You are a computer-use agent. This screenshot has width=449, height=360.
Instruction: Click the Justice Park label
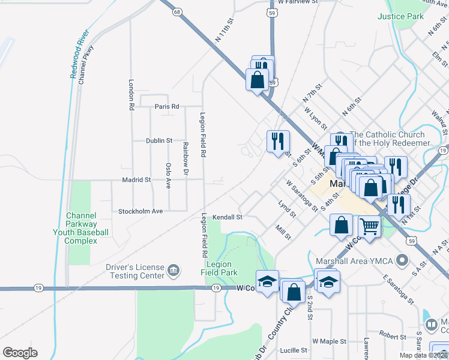(x=401, y=16)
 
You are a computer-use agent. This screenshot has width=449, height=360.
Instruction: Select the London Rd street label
(x=130, y=95)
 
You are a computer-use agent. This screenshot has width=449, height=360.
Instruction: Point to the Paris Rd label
(x=167, y=106)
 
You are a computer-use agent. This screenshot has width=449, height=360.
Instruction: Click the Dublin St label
(x=159, y=140)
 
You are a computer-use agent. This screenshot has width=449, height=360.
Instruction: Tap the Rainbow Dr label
(x=186, y=160)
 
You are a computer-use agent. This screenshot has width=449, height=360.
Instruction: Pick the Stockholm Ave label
(x=140, y=211)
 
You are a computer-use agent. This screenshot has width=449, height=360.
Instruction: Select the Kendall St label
(x=228, y=217)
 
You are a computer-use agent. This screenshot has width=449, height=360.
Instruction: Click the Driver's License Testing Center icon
(x=173, y=271)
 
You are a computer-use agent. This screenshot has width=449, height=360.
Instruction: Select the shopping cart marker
(x=369, y=227)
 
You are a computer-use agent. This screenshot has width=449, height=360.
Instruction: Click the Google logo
(x=20, y=353)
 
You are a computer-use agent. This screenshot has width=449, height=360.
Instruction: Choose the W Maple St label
(x=329, y=341)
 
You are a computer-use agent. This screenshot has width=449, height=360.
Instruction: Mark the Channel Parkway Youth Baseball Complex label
(x=88, y=227)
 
